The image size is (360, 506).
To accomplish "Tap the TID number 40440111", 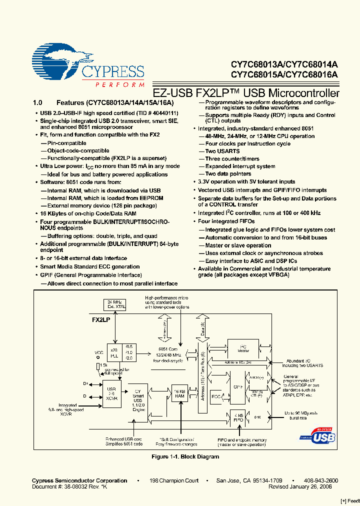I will click(161, 113).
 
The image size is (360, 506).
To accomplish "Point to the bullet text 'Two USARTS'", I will click(222, 151).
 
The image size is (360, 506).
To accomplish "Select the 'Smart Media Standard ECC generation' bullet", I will click(89, 267).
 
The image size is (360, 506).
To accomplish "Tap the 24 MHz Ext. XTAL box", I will click(115, 304).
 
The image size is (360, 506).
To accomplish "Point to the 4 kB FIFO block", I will click(238, 417).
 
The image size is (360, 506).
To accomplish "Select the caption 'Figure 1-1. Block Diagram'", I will click(185, 456).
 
